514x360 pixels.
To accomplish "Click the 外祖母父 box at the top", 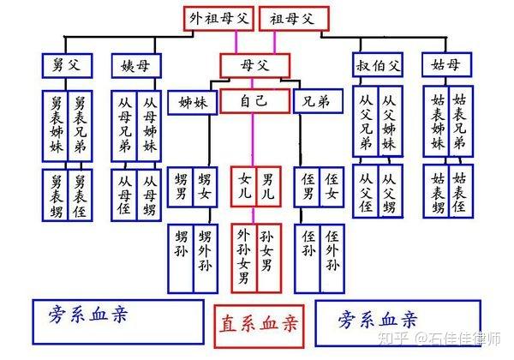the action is tap(218, 19).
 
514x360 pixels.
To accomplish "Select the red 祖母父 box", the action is tap(295, 19).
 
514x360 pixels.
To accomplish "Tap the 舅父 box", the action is tap(67, 66).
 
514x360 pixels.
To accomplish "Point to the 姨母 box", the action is tap(136, 66).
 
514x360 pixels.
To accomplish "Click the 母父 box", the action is tap(255, 66).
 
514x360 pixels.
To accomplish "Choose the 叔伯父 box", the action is tap(378, 65).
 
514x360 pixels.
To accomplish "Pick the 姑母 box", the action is tap(447, 65).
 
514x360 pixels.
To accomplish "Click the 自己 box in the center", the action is tap(255, 101).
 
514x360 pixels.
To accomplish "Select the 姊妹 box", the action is tap(193, 103).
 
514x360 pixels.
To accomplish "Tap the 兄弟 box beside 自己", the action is tap(319, 101).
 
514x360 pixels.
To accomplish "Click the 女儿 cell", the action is tap(243, 187).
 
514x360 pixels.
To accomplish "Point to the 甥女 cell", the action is tap(205, 187).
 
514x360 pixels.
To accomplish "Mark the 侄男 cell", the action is tap(307, 187).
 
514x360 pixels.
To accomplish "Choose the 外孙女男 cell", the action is tap(244, 258).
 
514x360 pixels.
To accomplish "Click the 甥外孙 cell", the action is tap(206, 258).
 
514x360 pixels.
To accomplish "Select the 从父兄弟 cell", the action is tap(366, 122).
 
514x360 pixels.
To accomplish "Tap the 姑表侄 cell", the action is tap(461, 191).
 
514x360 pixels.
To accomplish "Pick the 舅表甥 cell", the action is tap(55, 195).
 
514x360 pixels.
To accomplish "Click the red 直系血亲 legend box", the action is tap(259, 327).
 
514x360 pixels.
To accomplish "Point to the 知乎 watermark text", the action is tap(393, 339).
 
